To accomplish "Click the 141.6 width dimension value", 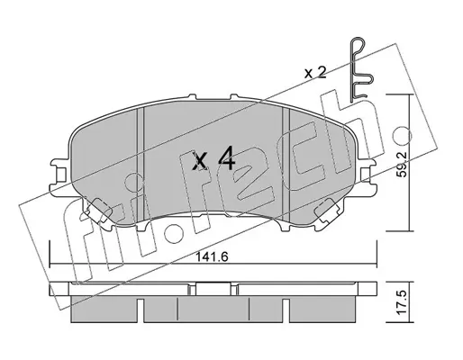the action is pos(213,256).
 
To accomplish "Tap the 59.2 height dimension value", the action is pos(402,164).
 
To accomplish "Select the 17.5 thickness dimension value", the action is pos(401,302).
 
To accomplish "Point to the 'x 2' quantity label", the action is pos(315,73).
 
